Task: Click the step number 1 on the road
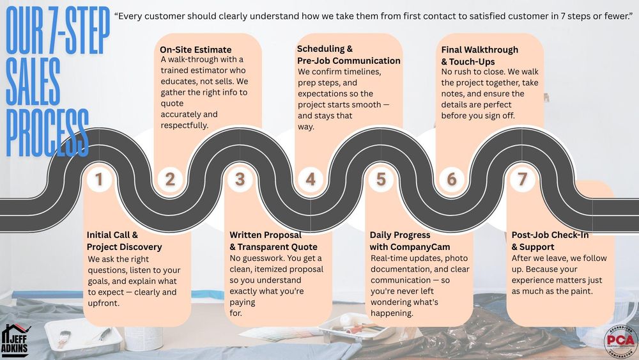pos(99,180)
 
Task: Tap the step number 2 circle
pos(169,180)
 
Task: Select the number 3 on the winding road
pos(240,180)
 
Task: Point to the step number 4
pos(311,180)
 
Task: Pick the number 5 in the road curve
pos(381,180)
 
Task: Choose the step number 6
pos(452,180)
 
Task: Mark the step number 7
pos(522,180)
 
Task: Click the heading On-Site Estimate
pos(196,49)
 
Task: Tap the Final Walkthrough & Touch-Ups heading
pos(479,56)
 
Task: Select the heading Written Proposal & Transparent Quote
pos(273,241)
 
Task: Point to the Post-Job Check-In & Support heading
pos(550,241)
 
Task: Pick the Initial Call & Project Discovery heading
pos(125,241)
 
